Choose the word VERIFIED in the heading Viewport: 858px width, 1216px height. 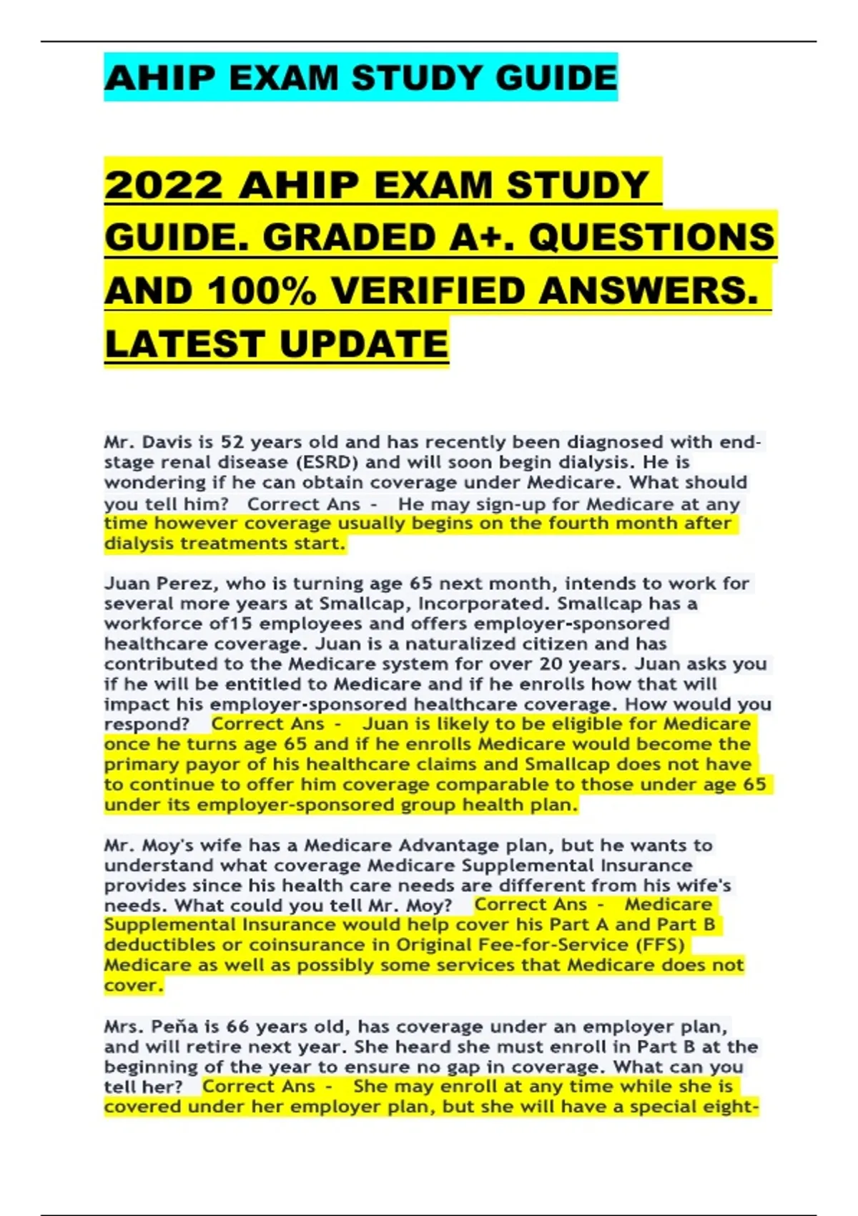click(426, 291)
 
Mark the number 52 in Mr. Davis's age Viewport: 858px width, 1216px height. click(233, 442)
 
